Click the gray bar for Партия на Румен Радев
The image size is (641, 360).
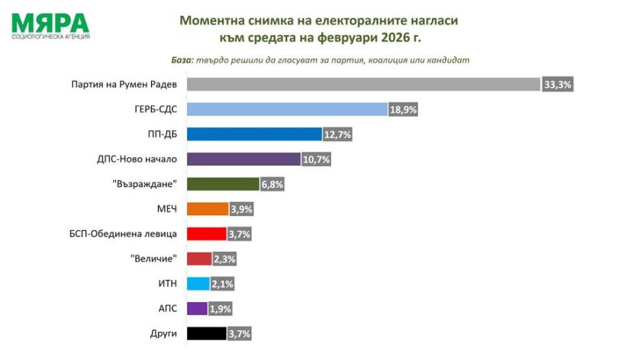362,85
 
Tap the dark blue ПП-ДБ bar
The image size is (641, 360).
254,135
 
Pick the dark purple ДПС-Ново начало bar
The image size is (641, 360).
243,159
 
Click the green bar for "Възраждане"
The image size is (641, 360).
223,184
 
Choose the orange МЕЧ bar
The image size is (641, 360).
207,209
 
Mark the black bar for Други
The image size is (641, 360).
206,333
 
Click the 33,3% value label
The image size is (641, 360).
557,85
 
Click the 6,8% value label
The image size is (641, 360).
272,184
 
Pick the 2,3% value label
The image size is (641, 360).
224,259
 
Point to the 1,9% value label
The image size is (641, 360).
220,309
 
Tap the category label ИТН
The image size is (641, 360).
167,283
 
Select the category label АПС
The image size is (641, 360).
167,308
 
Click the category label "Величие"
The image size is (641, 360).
155,259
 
